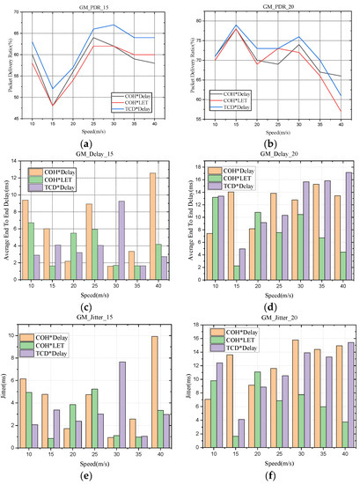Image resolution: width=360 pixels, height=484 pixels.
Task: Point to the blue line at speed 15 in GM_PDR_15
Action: (53, 89)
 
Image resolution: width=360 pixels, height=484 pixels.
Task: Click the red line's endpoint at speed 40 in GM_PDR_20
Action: (342, 112)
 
